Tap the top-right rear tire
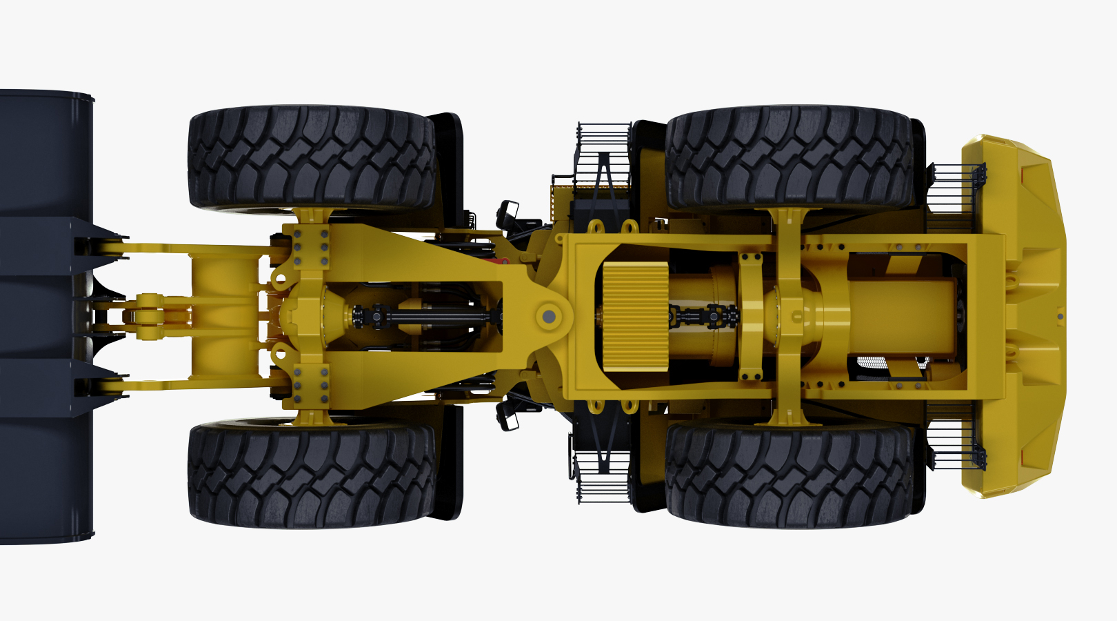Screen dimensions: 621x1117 (x=789, y=157)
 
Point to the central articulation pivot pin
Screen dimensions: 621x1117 (x=549, y=317)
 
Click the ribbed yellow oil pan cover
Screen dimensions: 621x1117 (x=636, y=317)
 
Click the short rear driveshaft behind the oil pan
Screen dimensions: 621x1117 (x=703, y=317)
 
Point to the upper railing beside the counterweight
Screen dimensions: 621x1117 (x=955, y=186)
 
